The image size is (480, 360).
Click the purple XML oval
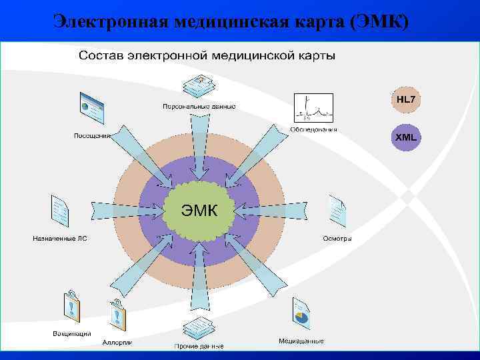click(x=405, y=137)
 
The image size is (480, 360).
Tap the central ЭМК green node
click(x=199, y=211)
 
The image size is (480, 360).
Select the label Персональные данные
click(x=197, y=107)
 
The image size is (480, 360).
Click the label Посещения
click(x=92, y=136)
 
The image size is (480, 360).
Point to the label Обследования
click(x=313, y=129)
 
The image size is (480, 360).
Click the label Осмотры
click(x=337, y=238)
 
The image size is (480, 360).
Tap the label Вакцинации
click(x=72, y=333)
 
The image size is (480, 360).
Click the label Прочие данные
click(x=199, y=346)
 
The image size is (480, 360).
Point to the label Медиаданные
click(x=301, y=341)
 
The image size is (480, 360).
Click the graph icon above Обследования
click(x=313, y=107)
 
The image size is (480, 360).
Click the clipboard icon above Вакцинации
click(x=72, y=307)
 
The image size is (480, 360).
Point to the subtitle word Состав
click(x=101, y=55)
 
